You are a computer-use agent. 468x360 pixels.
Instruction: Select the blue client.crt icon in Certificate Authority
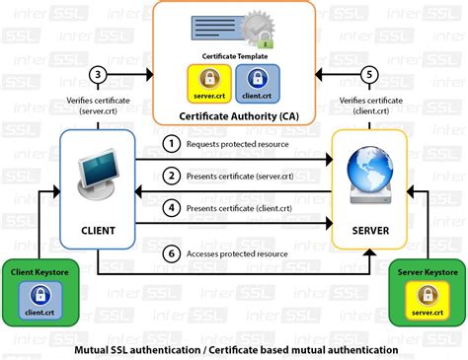point(256,83)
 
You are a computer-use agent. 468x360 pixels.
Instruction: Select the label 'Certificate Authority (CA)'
point(233,116)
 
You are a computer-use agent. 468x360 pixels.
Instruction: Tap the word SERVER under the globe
point(370,231)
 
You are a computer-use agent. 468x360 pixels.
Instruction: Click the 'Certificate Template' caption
point(233,57)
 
